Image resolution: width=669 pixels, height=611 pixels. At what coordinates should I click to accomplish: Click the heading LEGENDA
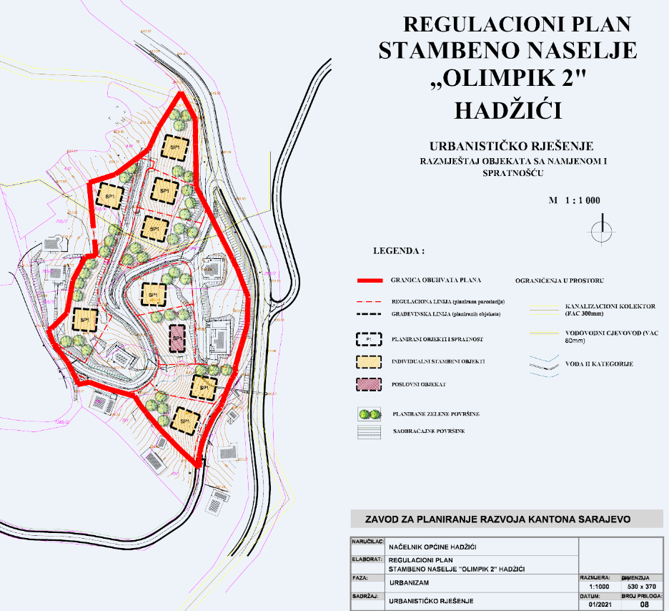[398, 252]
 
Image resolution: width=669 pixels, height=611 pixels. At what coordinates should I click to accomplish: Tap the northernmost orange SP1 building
[174, 147]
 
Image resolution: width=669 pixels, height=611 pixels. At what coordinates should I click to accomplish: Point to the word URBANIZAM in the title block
[410, 582]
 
